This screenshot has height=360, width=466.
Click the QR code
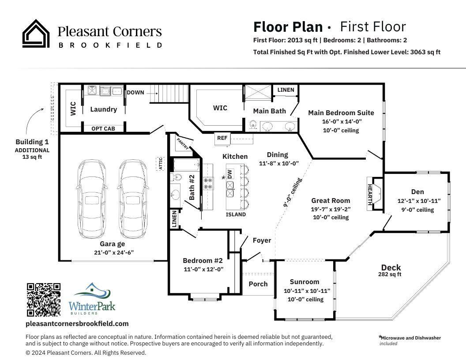tap(44, 300)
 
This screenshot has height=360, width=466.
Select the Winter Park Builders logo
tap(92, 299)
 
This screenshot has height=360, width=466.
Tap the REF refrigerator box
tap(222, 138)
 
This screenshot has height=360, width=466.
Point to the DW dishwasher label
tap(229, 174)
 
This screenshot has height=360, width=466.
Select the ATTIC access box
tap(161, 164)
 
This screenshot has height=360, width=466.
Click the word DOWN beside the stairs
tap(135, 93)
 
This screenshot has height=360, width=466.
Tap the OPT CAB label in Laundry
tap(103, 128)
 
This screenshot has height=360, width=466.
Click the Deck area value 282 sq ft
tap(390, 274)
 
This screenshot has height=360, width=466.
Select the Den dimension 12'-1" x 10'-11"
tap(419, 201)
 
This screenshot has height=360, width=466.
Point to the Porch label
tap(258, 284)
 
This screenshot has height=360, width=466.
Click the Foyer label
tap(262, 240)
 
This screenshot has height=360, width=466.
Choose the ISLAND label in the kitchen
tap(236, 214)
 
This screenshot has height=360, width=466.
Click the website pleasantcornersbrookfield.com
tap(77, 323)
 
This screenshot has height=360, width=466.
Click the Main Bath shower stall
tap(258, 93)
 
